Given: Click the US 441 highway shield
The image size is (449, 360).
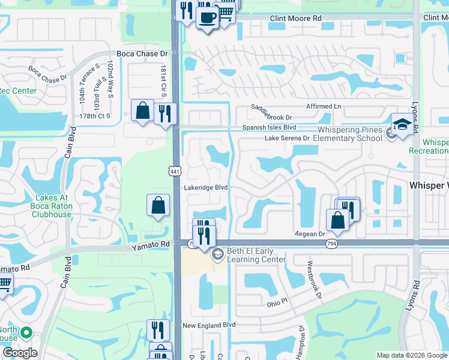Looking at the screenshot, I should click(x=175, y=172).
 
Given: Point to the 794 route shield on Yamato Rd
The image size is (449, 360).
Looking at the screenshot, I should click(x=331, y=244).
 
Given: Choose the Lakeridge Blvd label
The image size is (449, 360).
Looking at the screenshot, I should click(x=205, y=187).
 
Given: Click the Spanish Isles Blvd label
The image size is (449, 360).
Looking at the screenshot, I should click(x=269, y=128).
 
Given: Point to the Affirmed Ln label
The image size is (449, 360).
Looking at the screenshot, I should click(x=321, y=106).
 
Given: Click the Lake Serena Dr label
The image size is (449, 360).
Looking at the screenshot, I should click(x=287, y=138).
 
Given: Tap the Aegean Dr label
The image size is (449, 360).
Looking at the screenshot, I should click(x=310, y=234).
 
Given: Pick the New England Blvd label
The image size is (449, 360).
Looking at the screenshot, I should click(x=208, y=325).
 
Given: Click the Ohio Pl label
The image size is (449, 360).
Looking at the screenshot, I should click(x=278, y=304).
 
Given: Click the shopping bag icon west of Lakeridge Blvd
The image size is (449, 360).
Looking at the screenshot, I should click(x=157, y=205).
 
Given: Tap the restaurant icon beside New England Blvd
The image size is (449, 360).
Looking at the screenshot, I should click(x=158, y=329).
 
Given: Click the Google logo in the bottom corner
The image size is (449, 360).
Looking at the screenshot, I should click(x=20, y=353).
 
